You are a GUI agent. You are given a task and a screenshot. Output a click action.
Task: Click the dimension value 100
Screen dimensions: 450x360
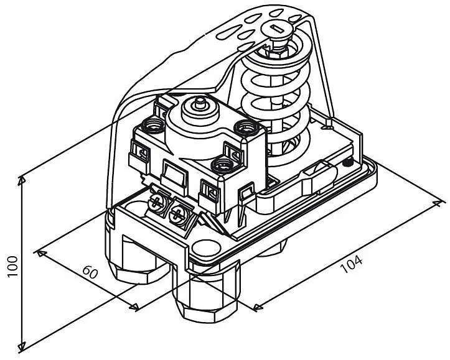pos(12,266)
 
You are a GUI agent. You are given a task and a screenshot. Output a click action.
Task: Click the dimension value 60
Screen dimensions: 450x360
pos(90,272)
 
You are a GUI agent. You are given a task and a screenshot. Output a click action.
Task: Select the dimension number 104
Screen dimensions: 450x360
pos(351,264)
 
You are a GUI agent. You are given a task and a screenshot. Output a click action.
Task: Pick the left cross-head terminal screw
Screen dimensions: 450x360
pos(157,203)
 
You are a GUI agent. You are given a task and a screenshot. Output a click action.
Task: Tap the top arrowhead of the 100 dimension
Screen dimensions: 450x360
pos(22,181)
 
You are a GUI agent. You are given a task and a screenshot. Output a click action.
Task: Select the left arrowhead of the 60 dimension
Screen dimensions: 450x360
pos(40,253)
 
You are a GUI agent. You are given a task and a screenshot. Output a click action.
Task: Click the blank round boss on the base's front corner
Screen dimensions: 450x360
pos(205,247)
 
